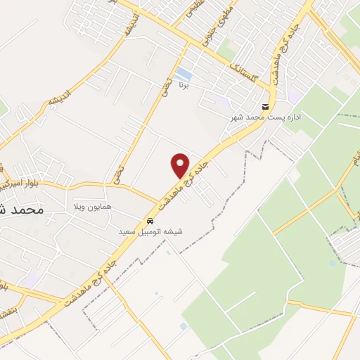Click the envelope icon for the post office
pos(265,106)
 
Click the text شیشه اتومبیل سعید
pos(150,231)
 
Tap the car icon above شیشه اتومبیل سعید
pos(150,219)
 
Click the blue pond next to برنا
pos(184,74)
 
